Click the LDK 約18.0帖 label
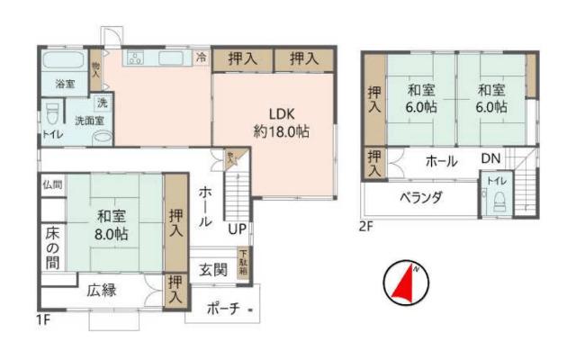click(x=280, y=122)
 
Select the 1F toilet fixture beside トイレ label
click(x=53, y=114)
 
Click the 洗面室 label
click(x=88, y=120)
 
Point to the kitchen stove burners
click(x=136, y=59)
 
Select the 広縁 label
click(x=101, y=291)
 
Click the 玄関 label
click(x=213, y=268)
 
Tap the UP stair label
click(x=237, y=229)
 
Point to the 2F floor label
click(x=365, y=226)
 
